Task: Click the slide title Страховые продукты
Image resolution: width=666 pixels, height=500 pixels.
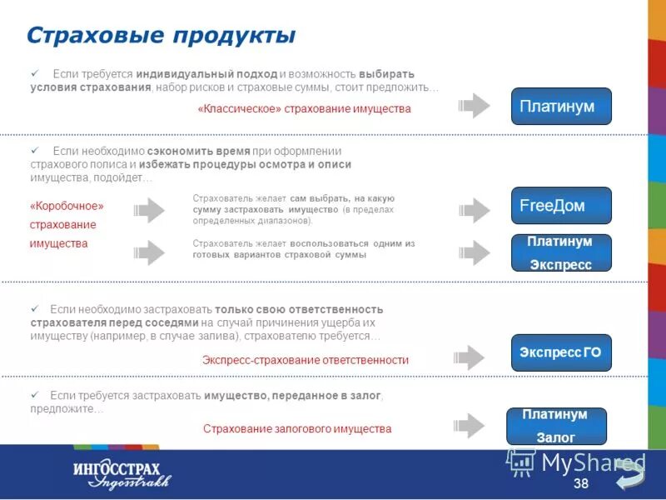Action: point(161,36)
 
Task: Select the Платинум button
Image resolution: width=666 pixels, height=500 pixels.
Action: point(560,107)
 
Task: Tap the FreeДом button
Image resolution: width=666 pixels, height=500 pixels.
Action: point(560,206)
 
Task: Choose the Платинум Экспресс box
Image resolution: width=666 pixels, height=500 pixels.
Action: point(560,252)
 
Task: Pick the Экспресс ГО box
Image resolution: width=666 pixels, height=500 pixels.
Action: point(560,353)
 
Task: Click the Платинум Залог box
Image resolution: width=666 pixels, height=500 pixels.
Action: point(556,426)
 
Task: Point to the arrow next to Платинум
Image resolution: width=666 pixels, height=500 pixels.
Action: point(475,107)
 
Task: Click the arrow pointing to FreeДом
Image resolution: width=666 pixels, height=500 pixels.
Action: point(475,210)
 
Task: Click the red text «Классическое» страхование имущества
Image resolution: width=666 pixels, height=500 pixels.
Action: point(304,109)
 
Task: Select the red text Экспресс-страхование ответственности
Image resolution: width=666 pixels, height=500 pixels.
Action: point(306,360)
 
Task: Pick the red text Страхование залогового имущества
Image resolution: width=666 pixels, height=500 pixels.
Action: point(297,428)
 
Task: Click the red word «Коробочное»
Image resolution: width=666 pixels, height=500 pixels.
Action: point(67,206)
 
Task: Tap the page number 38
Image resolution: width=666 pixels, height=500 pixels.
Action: point(581,484)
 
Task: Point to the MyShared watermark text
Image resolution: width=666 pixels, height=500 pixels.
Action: point(593,462)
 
